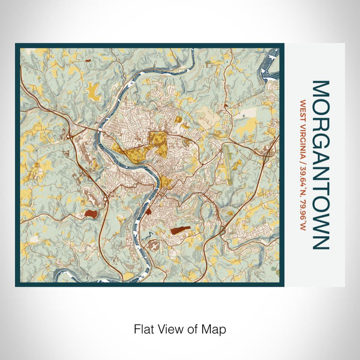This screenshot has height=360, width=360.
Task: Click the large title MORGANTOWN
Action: click(320, 165)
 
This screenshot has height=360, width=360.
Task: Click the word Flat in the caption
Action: click(143, 328)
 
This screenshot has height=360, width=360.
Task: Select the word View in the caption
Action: click(168, 328)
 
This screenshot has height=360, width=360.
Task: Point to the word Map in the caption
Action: click(215, 328)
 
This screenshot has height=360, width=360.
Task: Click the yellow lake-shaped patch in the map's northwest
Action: click(94, 91)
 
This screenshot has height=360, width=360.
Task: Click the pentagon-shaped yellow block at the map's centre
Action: click(158, 140)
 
